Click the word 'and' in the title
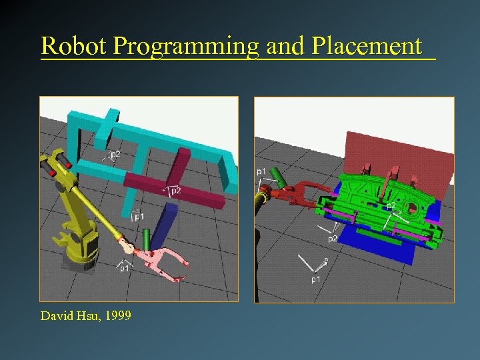(x=283, y=46)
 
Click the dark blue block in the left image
(x=163, y=224)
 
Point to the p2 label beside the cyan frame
(x=115, y=154)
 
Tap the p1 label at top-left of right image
(x=262, y=172)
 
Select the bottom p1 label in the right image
(x=315, y=279)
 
